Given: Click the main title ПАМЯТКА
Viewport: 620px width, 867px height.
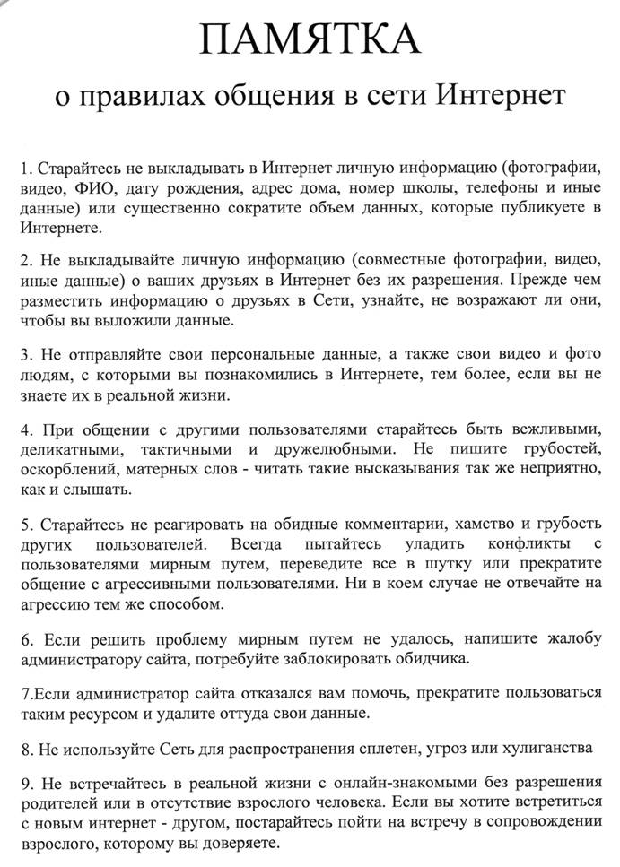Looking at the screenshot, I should coord(310,41).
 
